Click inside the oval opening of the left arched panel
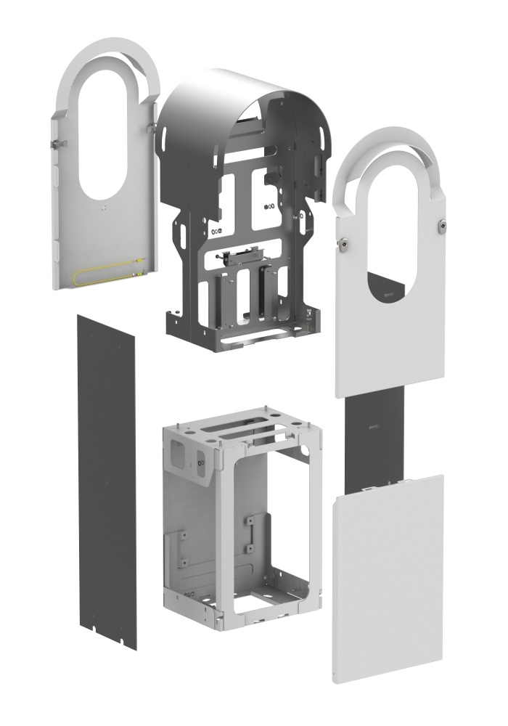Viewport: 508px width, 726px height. click(x=102, y=138)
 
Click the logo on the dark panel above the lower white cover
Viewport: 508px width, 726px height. click(x=374, y=428)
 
